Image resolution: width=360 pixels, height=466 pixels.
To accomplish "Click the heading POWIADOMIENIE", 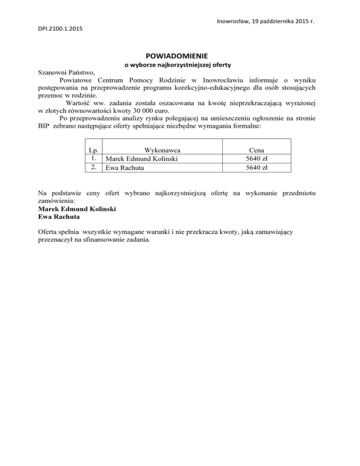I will point(179,55).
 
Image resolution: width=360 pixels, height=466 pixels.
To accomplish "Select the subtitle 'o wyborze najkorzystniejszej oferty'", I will point(179,64).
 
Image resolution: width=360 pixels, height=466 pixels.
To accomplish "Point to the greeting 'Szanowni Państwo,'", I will point(66,73).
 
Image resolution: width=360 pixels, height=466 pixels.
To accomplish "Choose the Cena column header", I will point(257,150).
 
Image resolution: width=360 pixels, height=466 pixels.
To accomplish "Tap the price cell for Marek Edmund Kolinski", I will point(257,158).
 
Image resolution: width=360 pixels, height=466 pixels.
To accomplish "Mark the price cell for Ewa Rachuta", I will point(257,167).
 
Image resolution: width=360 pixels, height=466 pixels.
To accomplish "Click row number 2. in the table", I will point(94,166).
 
